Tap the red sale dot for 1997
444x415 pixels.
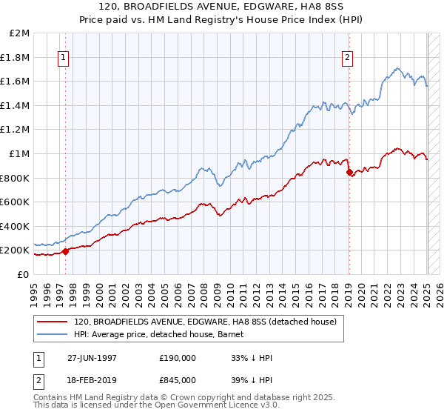(65, 251)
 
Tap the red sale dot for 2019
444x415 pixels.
(349, 173)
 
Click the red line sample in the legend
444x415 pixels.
(53, 322)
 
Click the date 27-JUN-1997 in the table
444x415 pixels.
(91, 358)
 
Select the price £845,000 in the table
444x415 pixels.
(178, 379)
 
